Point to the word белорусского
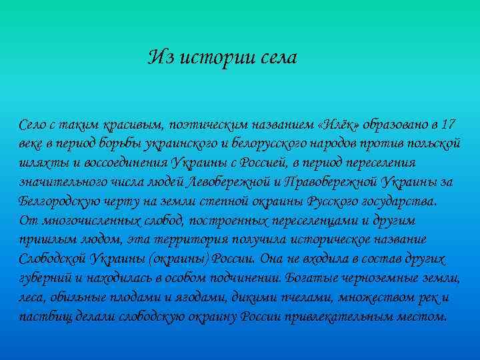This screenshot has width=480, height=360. pos(261,144)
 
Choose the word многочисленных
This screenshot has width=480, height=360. pos(81,221)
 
